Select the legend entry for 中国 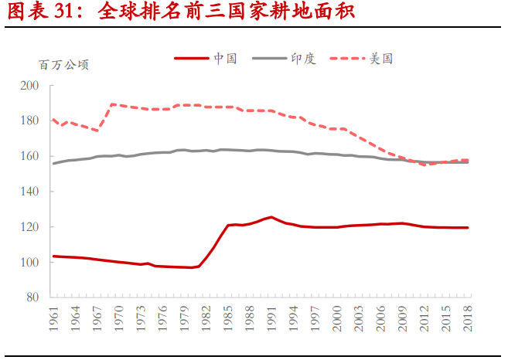click(x=225, y=58)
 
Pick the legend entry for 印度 click(x=304, y=58)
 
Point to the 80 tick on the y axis click(x=31, y=297)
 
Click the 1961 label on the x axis click(x=53, y=319)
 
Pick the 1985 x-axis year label click(x=229, y=319)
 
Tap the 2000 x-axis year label click(x=337, y=319)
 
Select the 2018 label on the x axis click(x=468, y=319)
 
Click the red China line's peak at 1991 click(x=271, y=217)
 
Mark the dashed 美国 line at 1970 click(x=119, y=105)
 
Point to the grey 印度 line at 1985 click(x=229, y=150)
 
